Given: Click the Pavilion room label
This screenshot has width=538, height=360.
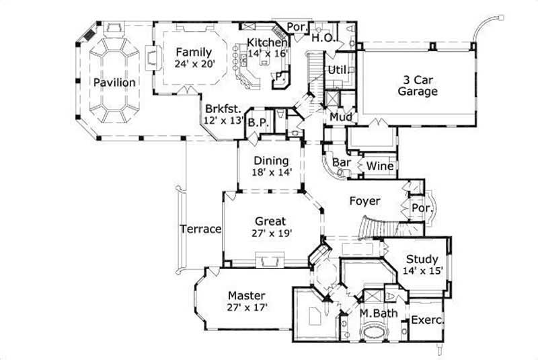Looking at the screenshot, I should coord(114,82).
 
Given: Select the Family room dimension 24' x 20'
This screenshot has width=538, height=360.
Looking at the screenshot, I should coord(194,65).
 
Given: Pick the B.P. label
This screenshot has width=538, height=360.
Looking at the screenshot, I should coord(255,123).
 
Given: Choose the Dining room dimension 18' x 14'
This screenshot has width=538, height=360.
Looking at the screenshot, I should coord(271,173).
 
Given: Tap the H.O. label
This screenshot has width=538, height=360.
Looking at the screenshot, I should coord(323,38).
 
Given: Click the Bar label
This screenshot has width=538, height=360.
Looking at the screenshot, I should coord(343,163).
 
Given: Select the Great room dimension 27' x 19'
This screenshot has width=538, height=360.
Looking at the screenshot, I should coord(270,233).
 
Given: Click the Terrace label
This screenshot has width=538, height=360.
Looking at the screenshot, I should coord(200,229).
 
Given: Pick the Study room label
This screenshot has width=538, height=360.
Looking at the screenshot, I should coord(422,259).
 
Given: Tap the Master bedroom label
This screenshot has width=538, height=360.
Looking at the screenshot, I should coord(246,295).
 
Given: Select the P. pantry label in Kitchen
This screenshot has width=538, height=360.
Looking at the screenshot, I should coord(278,77).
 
